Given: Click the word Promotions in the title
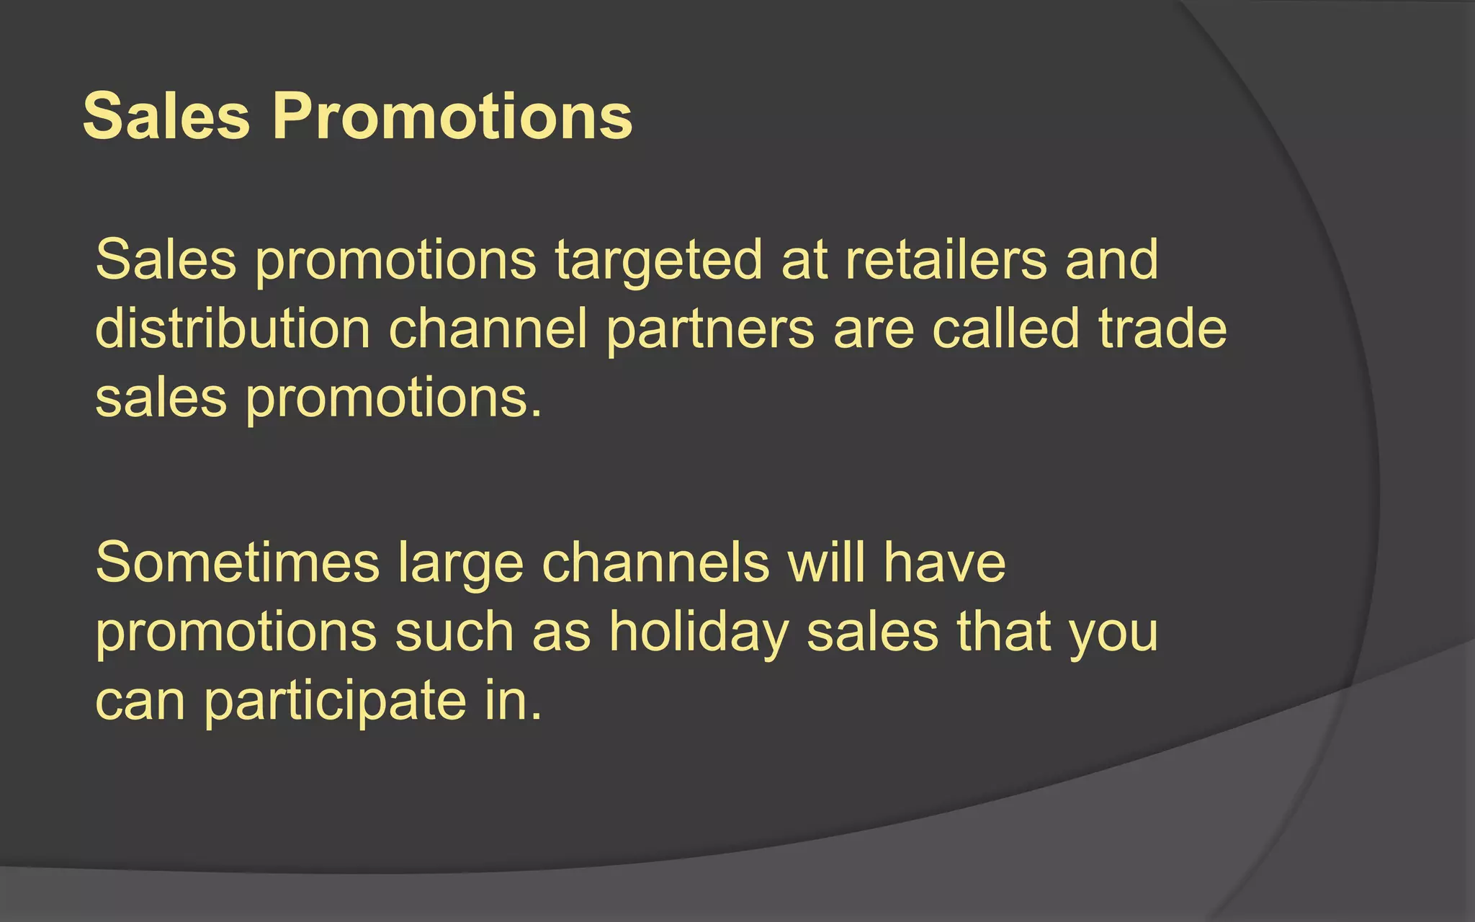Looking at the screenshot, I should coord(452,117).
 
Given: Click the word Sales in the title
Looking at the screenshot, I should coord(166,117).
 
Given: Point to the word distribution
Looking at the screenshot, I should coord(232,328).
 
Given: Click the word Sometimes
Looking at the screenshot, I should coord(237,563).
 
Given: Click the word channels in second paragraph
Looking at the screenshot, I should coord(655,563).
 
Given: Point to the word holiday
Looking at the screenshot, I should coord(699,633).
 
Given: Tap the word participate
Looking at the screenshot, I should coord(335,702).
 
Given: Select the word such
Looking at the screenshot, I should coord(454,632).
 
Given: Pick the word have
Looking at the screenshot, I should coord(944,563).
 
